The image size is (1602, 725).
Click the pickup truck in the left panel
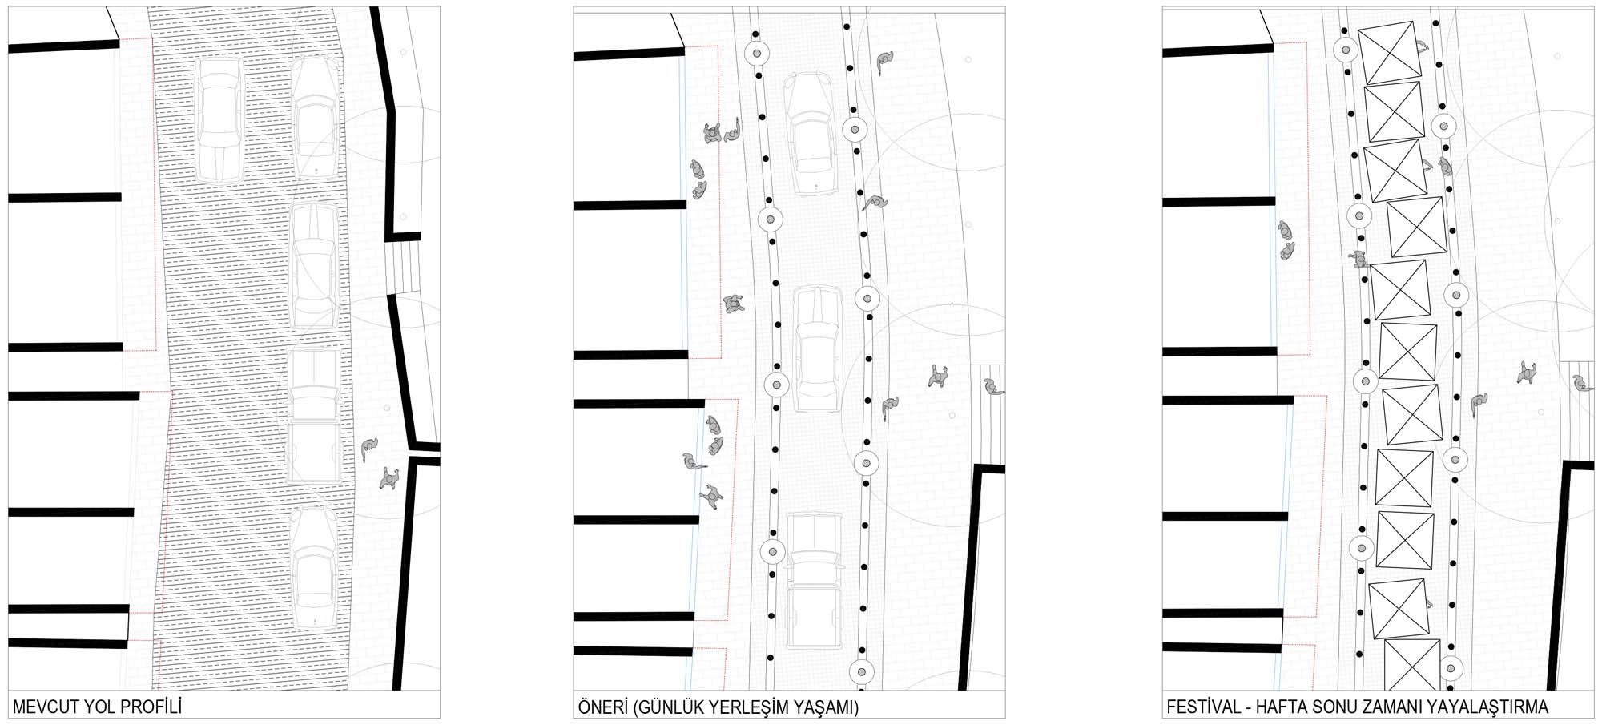(314, 416)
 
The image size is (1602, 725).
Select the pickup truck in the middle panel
(815, 580)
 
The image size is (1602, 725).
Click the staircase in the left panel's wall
(403, 266)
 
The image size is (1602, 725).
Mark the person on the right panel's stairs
(1583, 384)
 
